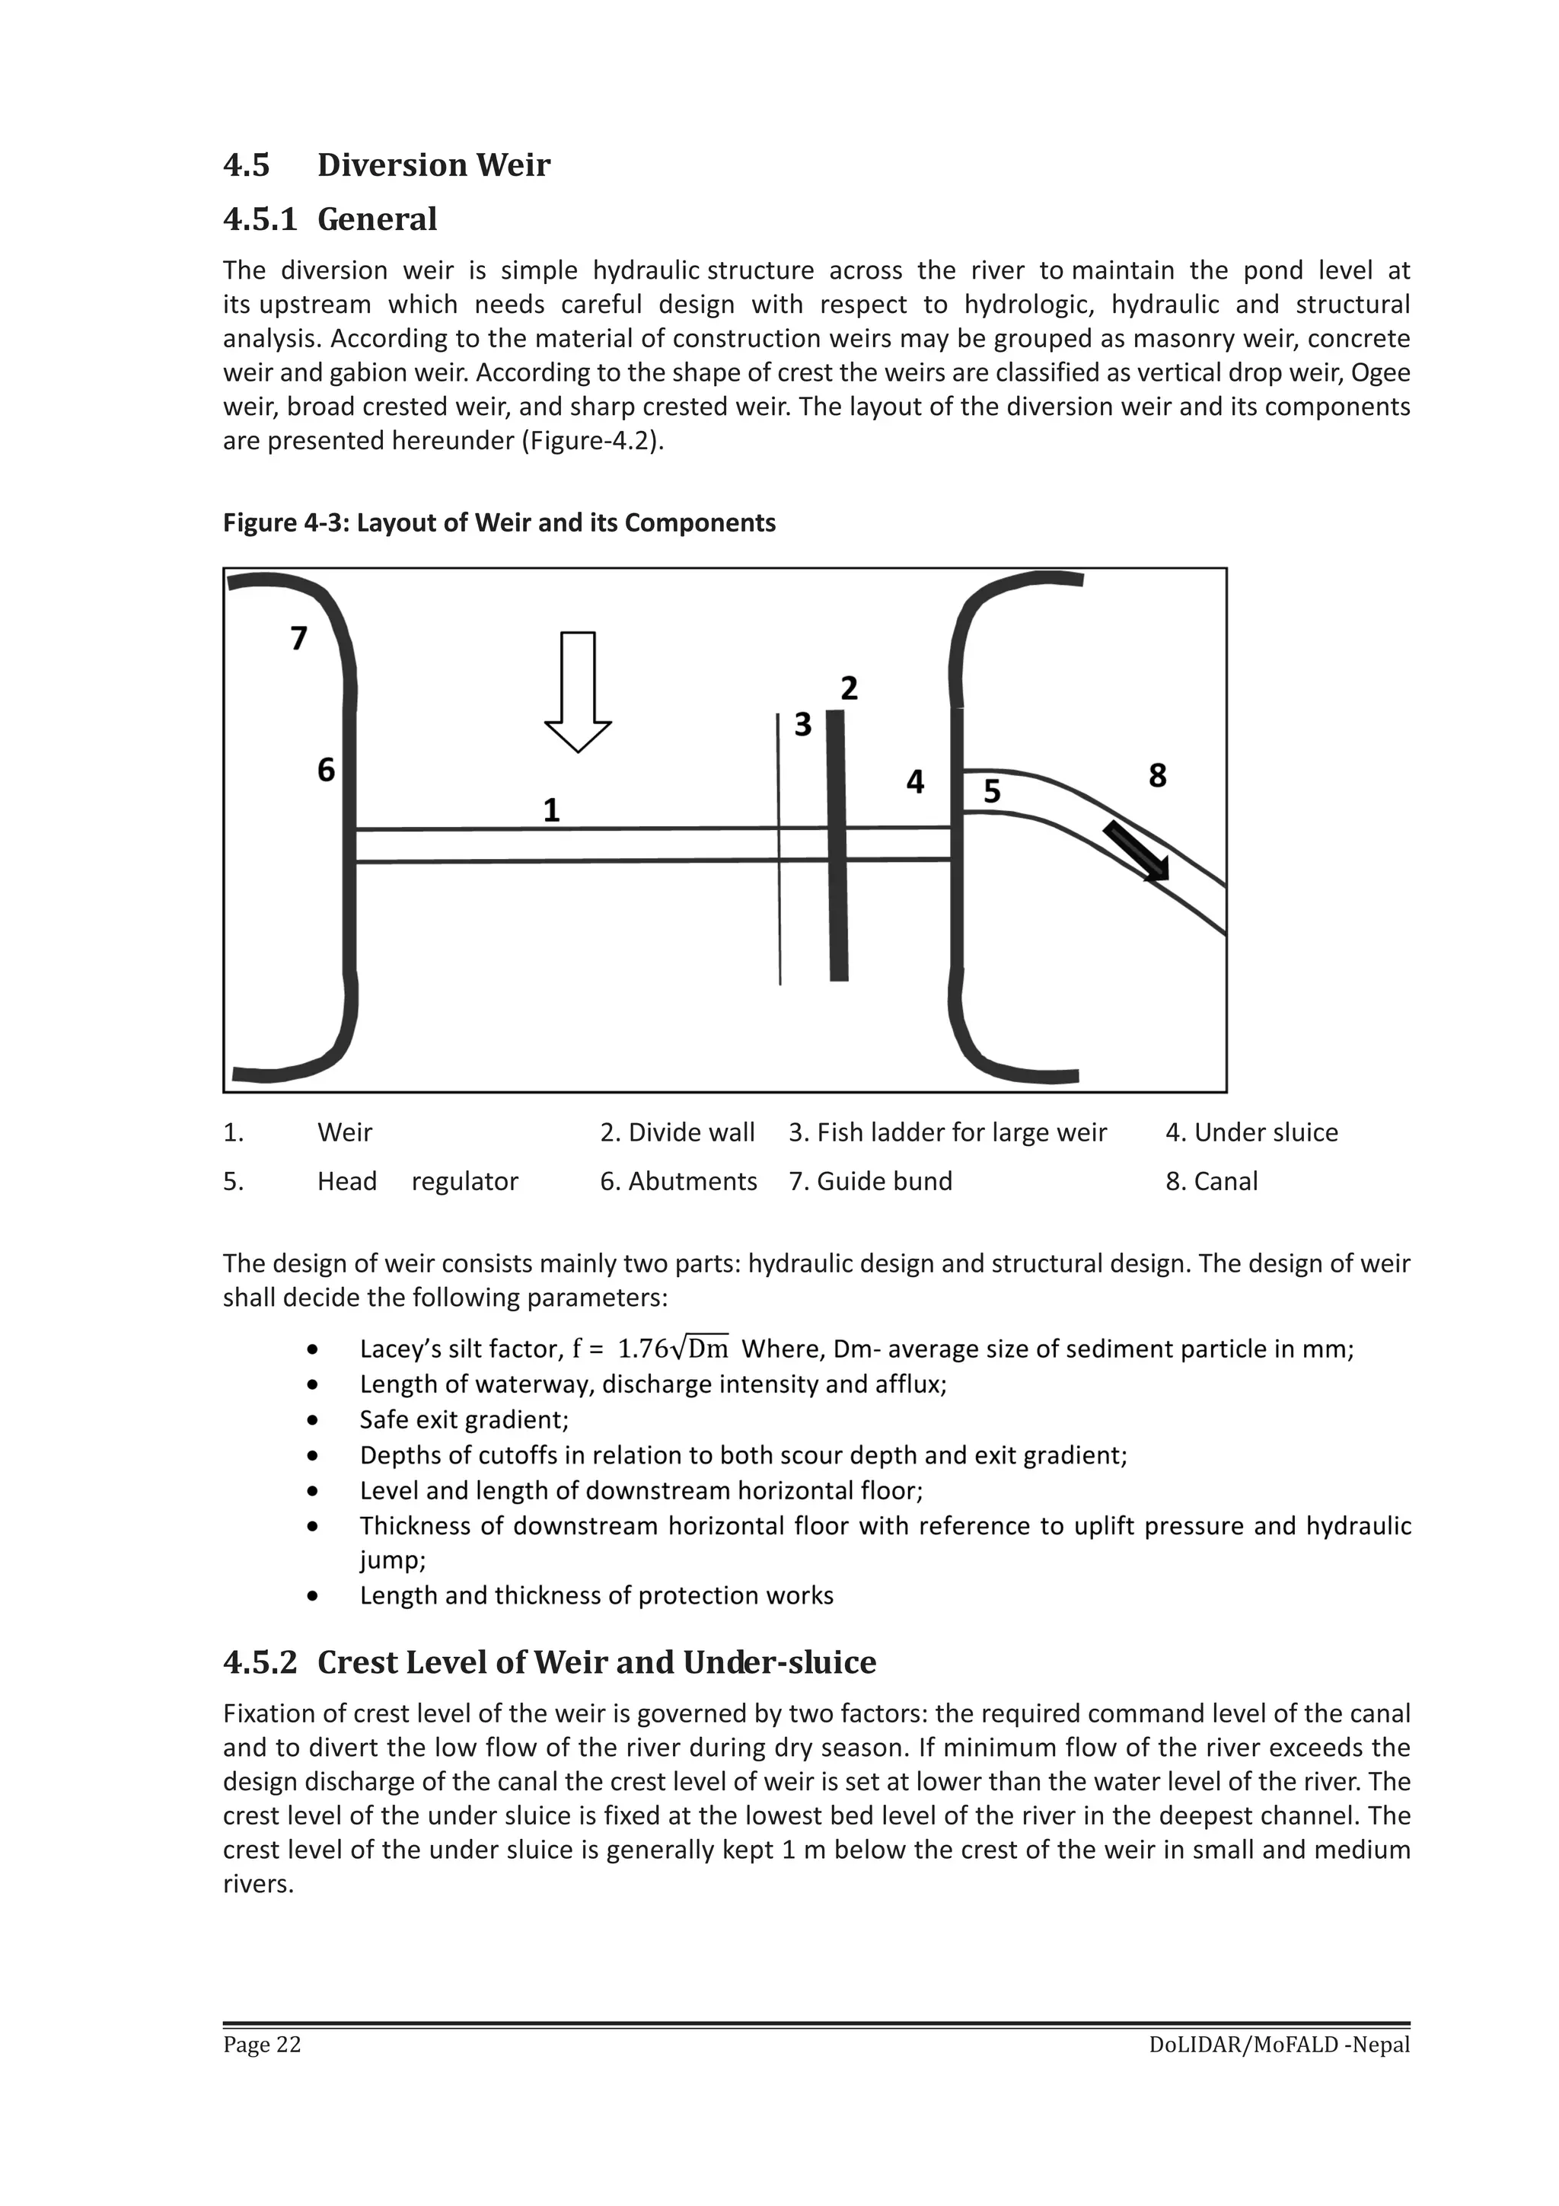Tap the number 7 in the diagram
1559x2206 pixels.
coord(298,638)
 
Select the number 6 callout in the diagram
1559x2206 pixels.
coord(327,770)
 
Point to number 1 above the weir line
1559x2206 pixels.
coord(551,810)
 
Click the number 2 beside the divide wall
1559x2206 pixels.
coord(849,688)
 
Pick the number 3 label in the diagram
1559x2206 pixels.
coord(803,724)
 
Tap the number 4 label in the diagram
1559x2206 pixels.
coord(916,782)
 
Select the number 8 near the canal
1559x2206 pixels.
coord(1158,775)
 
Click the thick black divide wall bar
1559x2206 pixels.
coord(837,845)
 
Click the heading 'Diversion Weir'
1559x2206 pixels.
coord(433,165)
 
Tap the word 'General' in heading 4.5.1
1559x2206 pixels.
coord(377,219)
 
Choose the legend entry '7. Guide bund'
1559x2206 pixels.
coord(870,1181)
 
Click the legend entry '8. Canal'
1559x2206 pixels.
coord(1211,1181)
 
